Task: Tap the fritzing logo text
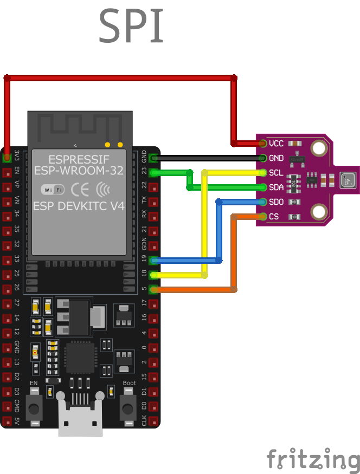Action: [x=313, y=459]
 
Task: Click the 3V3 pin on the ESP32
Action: [x=7, y=158]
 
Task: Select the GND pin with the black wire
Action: [x=153, y=158]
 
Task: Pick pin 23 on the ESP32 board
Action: [x=153, y=173]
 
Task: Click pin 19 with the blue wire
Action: [x=153, y=261]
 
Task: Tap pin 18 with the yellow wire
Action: [x=153, y=275]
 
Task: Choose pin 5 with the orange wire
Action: [x=153, y=290]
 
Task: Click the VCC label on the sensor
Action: [x=276, y=144]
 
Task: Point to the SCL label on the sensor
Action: [x=275, y=173]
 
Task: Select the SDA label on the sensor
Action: [x=276, y=187]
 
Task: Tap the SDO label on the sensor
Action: [x=276, y=202]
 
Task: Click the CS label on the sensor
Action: [x=274, y=217]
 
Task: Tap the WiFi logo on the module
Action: [x=53, y=190]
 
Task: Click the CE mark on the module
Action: [x=80, y=190]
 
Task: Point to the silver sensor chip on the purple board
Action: [x=346, y=179]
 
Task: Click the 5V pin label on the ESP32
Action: [x=17, y=421]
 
